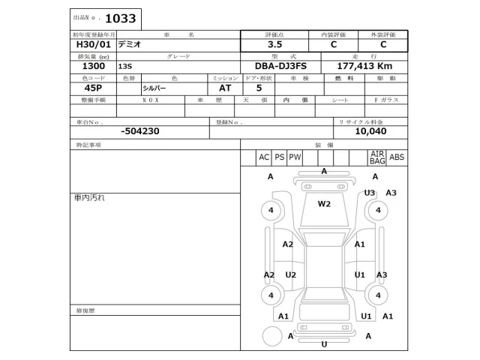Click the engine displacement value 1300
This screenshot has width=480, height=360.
(82, 66)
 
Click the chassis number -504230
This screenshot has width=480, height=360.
(139, 130)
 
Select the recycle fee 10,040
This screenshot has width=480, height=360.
(370, 130)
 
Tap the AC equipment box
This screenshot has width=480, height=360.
(263, 157)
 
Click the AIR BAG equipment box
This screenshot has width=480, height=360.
(376, 157)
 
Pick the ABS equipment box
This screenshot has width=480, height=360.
(397, 157)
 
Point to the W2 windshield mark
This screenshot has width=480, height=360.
(324, 203)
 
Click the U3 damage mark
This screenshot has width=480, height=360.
(369, 193)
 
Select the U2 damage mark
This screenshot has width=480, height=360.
(291, 274)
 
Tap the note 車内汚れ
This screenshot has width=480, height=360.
(89, 197)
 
